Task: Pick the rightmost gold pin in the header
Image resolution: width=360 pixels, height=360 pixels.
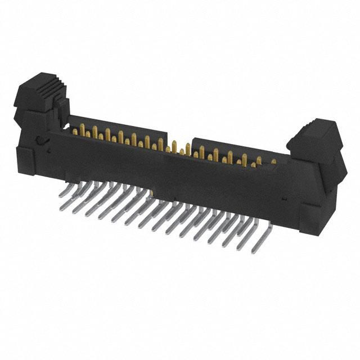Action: [273, 161]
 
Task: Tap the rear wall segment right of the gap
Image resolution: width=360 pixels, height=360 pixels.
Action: [236, 147]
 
